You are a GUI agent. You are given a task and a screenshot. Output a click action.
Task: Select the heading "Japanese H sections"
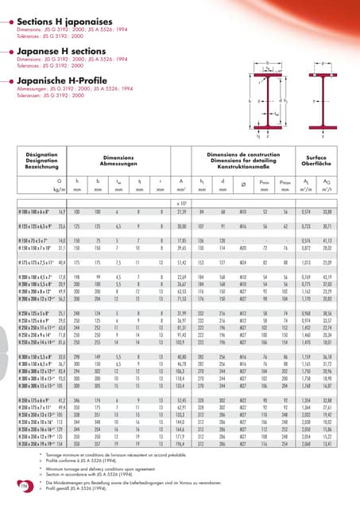pos(58,51)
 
